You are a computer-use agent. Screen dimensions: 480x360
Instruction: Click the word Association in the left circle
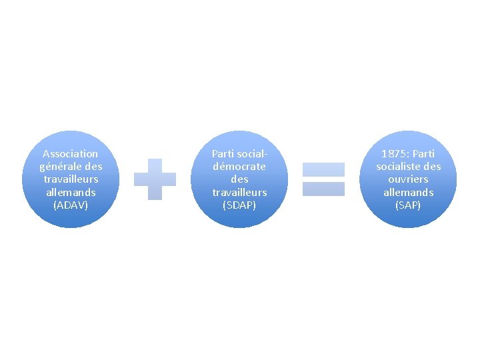71,153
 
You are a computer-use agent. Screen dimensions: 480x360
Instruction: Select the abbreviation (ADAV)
71,205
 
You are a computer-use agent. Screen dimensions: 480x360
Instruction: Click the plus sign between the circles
155,179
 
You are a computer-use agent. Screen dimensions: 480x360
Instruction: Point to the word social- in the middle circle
251,153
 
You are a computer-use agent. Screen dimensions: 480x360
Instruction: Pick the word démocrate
239,166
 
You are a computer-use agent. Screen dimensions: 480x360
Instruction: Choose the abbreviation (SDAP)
239,205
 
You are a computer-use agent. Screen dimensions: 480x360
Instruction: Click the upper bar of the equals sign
323,169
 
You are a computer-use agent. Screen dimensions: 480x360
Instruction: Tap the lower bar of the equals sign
323,189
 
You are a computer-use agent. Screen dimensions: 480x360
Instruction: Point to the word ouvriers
408,179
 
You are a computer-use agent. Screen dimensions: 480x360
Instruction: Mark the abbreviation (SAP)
408,205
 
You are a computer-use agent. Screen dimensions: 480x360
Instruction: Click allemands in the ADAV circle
71,192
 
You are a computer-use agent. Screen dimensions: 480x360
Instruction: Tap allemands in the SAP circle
408,192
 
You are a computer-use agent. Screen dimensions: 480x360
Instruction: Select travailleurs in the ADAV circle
71,179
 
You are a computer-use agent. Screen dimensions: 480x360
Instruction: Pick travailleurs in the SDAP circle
239,192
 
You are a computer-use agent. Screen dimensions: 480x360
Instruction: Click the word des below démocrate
239,179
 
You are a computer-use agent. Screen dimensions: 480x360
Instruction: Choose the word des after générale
94,166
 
